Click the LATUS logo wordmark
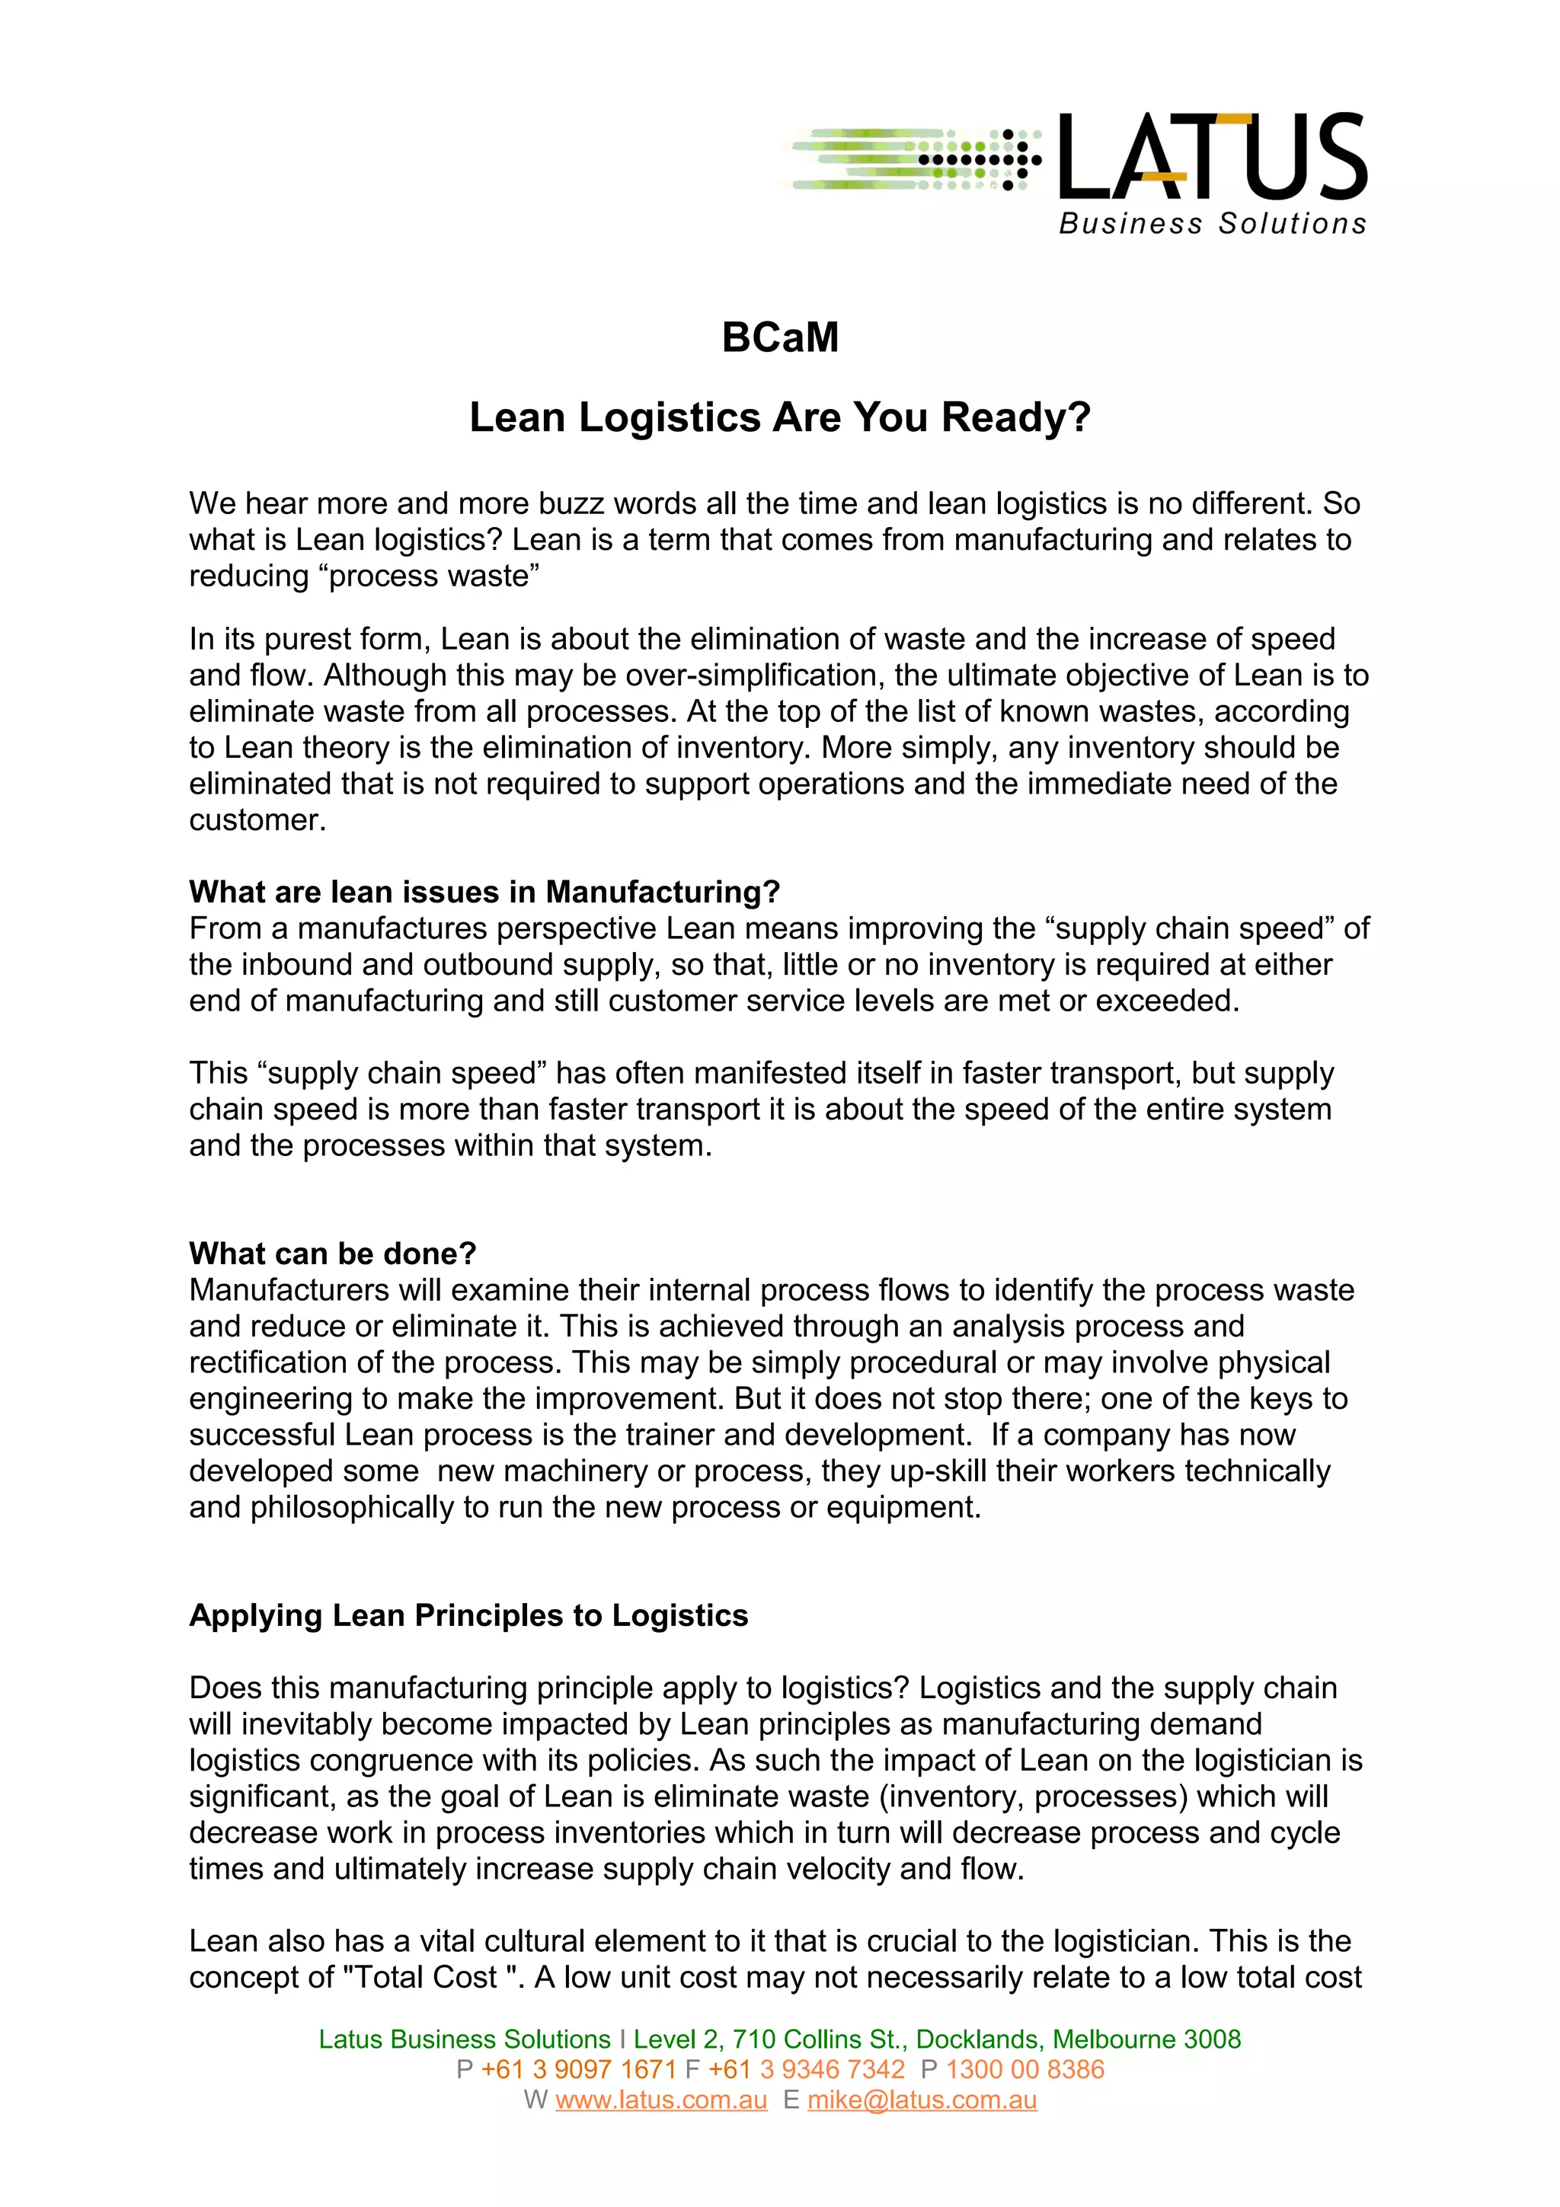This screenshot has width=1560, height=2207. [1212, 157]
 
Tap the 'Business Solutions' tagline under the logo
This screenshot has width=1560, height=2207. [1212, 224]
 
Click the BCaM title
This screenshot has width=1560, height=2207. [779, 337]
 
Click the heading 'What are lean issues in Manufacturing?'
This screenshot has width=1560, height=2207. [484, 892]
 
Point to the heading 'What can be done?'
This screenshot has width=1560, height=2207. [333, 1254]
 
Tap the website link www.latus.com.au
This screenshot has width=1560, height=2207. [661, 2100]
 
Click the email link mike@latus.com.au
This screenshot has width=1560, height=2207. [922, 2100]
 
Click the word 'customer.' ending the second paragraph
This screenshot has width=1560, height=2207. [257, 820]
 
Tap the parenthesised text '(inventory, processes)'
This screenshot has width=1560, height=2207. [1016, 1797]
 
